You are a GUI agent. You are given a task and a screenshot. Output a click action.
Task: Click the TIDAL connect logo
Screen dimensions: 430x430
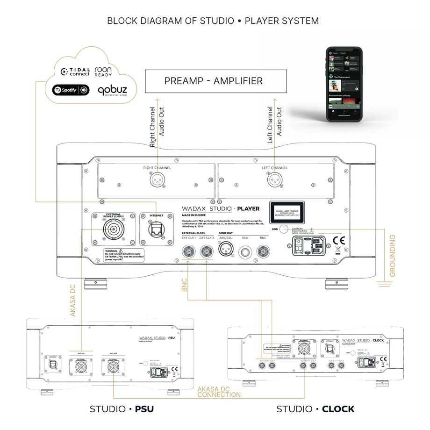[x=75, y=72]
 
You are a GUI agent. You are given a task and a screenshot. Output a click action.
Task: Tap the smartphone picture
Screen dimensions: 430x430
[x=344, y=85]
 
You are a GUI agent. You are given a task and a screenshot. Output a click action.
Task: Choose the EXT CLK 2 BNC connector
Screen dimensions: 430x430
[x=207, y=253]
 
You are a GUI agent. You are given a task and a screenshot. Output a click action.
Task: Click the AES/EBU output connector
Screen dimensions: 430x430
[x=226, y=253]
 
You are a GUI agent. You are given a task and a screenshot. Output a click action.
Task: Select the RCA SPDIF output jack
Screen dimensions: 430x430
[x=244, y=253]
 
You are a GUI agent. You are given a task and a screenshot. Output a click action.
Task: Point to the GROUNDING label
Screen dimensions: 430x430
[x=392, y=256]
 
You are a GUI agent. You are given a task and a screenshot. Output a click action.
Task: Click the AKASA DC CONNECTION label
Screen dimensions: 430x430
[x=219, y=392]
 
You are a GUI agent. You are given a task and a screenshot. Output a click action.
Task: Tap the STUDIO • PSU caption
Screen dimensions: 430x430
[x=122, y=409]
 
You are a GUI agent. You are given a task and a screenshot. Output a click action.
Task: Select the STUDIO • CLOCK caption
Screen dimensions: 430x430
[x=315, y=409]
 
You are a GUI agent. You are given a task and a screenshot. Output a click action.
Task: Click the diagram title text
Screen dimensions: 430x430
[x=213, y=21]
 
